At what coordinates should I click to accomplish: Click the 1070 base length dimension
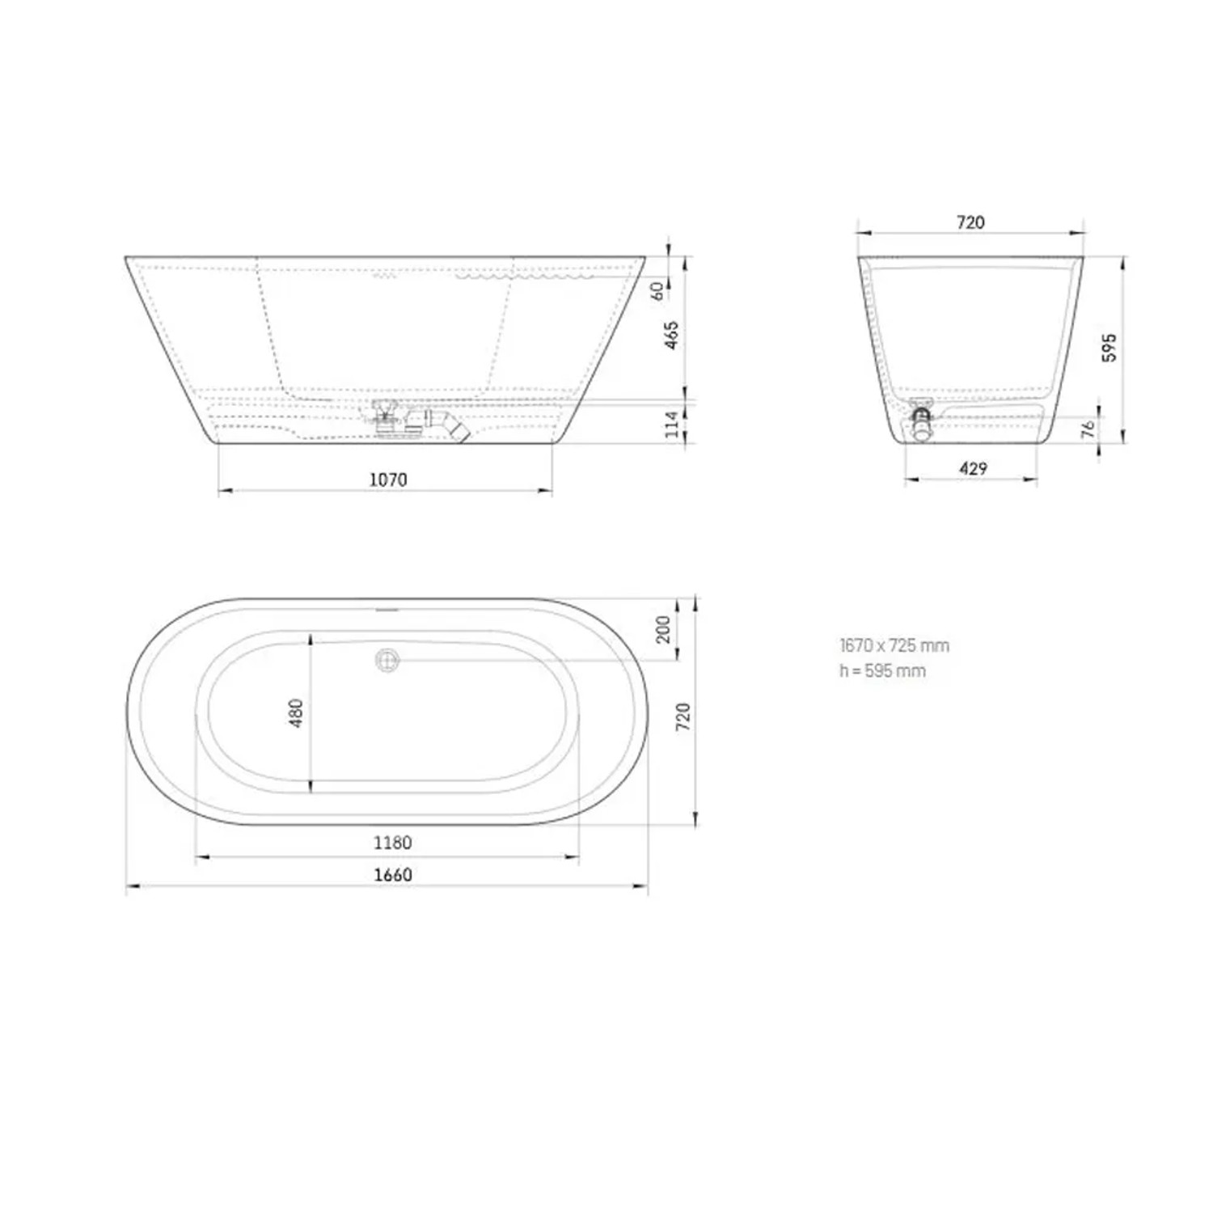[x=388, y=480]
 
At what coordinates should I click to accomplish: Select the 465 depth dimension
[x=672, y=335]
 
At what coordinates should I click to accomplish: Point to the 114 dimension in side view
[x=672, y=424]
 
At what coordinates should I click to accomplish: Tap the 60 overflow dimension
[x=659, y=290]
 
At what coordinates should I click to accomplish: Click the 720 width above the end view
[x=970, y=222]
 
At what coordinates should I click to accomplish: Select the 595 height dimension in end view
[x=1110, y=347]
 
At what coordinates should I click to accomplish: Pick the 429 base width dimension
[x=973, y=468]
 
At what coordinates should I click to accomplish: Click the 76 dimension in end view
[x=1089, y=428]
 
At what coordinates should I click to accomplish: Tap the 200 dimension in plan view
[x=663, y=629]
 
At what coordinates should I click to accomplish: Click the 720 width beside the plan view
[x=684, y=717]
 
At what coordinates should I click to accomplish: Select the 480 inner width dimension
[x=297, y=712]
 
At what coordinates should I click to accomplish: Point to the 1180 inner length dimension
[x=392, y=843]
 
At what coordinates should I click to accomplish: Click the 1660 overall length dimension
[x=392, y=874]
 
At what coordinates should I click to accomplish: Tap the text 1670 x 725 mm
[x=894, y=645]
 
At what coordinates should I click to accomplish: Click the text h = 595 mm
[x=882, y=670]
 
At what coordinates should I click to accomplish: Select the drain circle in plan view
[x=387, y=660]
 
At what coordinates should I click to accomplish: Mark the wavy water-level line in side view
[x=526, y=276]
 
